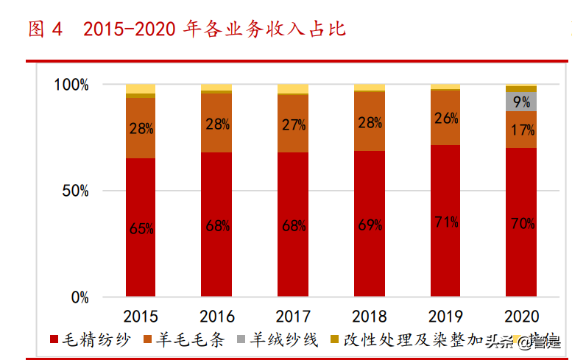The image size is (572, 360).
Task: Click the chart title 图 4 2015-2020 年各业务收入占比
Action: click(187, 29)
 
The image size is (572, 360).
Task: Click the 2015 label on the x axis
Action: click(141, 317)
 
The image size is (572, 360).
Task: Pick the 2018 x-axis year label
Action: click(369, 317)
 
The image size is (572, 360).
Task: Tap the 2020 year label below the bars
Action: click(521, 317)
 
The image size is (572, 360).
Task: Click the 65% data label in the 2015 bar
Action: click(141, 229)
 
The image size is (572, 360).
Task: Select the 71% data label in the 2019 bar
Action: click(445, 222)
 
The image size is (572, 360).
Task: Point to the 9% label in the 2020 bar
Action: click(521, 102)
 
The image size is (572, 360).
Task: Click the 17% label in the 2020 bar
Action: click(521, 130)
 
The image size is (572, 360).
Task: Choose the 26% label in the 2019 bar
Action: click(445, 118)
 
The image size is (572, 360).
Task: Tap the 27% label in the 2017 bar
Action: click(293, 124)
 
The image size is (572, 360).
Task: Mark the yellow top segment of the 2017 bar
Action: click(293, 88)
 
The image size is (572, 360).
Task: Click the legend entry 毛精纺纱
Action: click(89, 339)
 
